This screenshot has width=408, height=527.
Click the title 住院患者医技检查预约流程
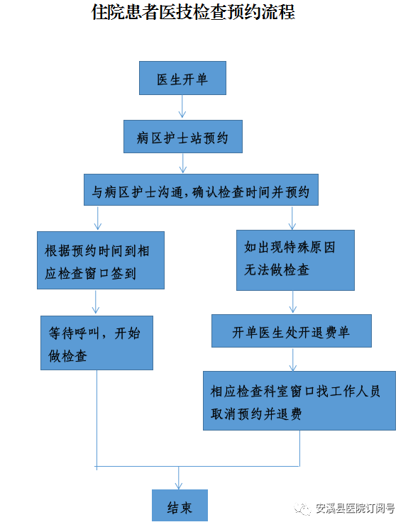tap(193, 12)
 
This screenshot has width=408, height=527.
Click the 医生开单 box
tap(182, 78)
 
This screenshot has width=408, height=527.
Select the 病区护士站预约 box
tap(183, 137)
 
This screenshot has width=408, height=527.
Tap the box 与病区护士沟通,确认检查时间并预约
tap(201, 190)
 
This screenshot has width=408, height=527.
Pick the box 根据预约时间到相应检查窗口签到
tap(101, 260)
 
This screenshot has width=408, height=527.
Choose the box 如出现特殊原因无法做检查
tap(295, 260)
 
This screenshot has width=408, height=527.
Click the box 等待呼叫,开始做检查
tap(97, 343)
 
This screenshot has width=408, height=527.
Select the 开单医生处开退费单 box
tap(292, 331)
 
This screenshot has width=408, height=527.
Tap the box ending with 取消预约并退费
tap(299, 401)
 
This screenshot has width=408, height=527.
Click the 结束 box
tap(180, 506)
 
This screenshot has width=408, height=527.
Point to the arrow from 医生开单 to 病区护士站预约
tap(182, 106)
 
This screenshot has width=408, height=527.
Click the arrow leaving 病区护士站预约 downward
tap(182, 163)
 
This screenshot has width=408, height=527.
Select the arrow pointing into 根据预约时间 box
tap(98, 218)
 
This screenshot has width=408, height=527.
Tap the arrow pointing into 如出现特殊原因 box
tap(292, 218)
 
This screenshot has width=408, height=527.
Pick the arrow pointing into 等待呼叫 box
tap(96, 302)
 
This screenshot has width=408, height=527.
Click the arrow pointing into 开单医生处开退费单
tap(292, 302)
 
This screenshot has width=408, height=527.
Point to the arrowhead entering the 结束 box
tap(179, 486)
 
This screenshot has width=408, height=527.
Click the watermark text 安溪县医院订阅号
tap(355, 508)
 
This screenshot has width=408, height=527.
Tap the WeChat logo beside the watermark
tap(302, 509)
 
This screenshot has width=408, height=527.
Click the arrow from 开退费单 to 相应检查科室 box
tap(292, 360)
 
